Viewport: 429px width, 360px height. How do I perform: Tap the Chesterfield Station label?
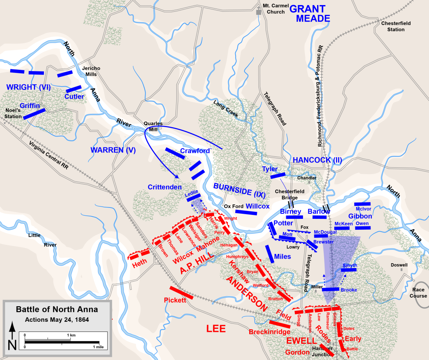click(x=396, y=26)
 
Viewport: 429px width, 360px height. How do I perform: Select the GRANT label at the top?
click(x=308, y=9)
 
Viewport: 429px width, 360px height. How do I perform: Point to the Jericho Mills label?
click(x=91, y=71)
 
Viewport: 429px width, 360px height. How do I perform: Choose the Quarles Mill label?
click(x=153, y=126)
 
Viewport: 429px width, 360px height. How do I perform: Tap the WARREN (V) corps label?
click(x=112, y=149)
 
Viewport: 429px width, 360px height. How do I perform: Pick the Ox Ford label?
click(x=233, y=206)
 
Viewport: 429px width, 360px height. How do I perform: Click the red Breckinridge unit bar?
click(x=280, y=324)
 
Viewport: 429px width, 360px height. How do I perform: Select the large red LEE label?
click(x=216, y=329)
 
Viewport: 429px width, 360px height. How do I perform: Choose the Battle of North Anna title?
click(x=57, y=309)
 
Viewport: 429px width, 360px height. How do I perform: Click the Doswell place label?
click(x=399, y=265)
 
